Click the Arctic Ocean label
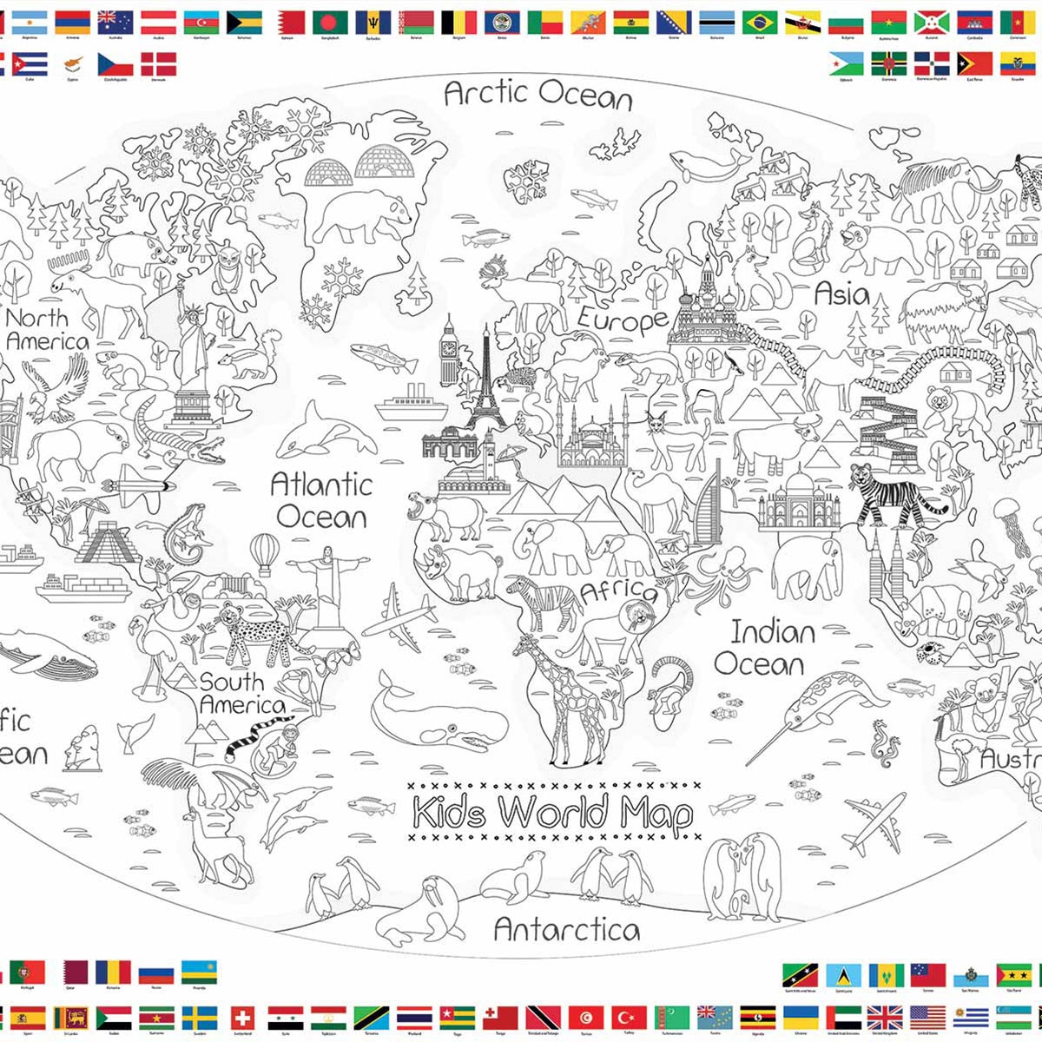[537, 93]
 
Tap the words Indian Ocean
[764, 648]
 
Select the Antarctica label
[566, 930]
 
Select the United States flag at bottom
[927, 1018]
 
